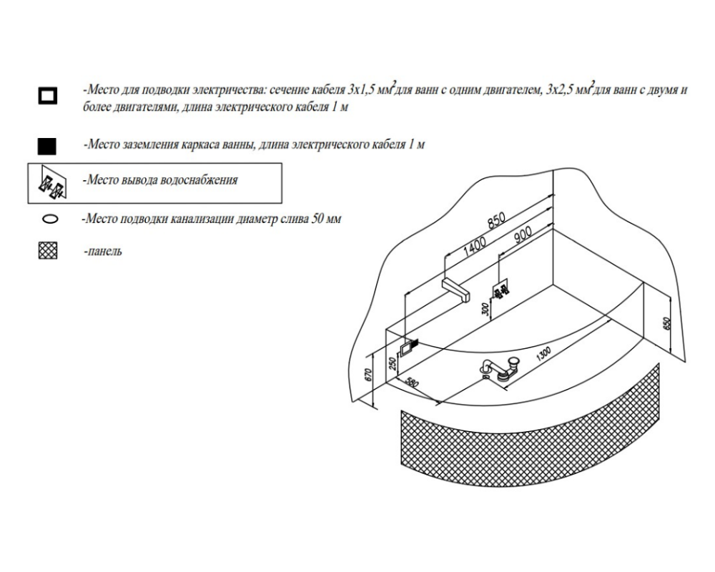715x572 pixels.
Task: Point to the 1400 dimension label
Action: (474, 245)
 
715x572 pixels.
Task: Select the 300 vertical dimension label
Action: (485, 309)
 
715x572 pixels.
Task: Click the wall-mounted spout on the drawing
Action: (458, 289)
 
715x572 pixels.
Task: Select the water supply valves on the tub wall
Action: (500, 290)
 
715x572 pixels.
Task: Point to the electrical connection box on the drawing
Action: (408, 347)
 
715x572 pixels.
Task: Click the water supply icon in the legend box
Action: (51, 184)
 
